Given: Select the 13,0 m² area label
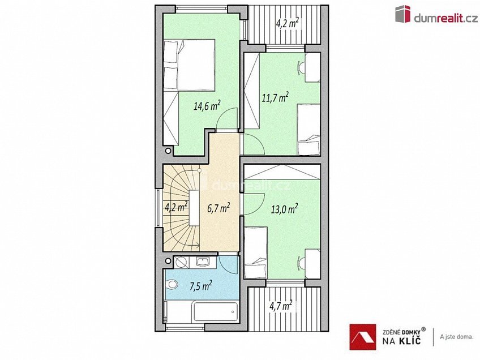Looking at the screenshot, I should tap(285, 209).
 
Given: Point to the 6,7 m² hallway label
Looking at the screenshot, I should tap(218, 208).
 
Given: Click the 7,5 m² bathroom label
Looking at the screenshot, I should tap(200, 285).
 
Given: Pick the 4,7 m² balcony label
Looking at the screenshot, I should tap(280, 306).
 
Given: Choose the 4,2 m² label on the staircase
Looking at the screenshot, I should tap(175, 207).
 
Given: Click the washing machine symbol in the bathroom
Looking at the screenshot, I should tap(181, 262).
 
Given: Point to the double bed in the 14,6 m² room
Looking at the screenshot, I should tap(189, 65).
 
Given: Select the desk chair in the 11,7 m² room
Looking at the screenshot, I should tap(299, 67).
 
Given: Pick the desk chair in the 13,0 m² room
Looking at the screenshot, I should tap(299, 261).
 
